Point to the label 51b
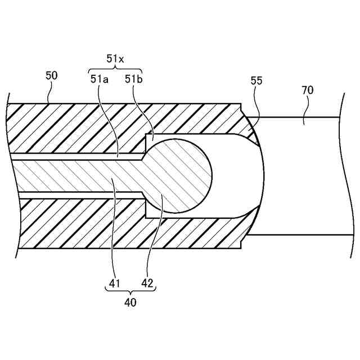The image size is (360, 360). point(133,79)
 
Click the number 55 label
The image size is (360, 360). point(256,81)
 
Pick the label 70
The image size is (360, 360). point(307,90)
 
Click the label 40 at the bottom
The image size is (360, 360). point(130,302)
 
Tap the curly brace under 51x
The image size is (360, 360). point(115,68)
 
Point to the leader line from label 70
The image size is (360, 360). point(304,110)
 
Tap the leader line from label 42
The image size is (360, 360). point(154,236)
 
